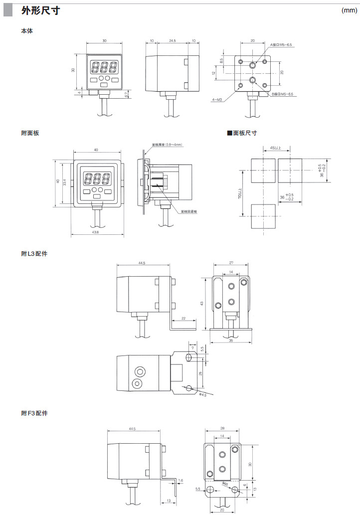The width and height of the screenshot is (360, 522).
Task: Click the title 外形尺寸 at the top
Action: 41,11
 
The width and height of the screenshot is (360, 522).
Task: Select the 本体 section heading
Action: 27,31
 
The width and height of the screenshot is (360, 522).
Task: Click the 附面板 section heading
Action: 30,133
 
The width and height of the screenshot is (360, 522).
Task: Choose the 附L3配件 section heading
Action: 34,254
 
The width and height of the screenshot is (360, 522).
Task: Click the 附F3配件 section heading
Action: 34,413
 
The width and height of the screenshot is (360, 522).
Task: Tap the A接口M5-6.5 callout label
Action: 282,45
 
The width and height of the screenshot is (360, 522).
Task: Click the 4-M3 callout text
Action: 217,100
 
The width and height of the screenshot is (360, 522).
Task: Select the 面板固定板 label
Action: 189,211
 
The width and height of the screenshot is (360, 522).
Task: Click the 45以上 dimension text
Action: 275,148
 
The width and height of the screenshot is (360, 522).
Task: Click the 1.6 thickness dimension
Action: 180,480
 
